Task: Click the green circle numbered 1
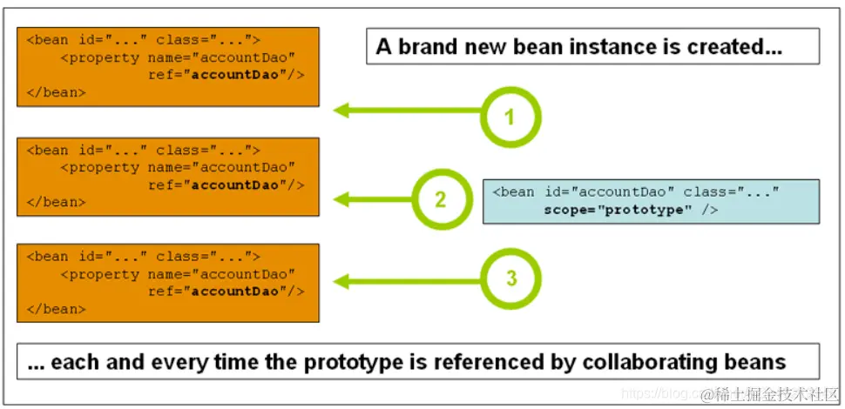coord(510,116)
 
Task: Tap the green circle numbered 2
coord(441,199)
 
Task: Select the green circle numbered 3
coord(510,278)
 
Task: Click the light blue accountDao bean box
coord(651,202)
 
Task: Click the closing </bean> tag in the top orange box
coord(56,92)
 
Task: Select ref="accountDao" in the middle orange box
coord(226,184)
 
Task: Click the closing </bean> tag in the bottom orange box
coord(56,309)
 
